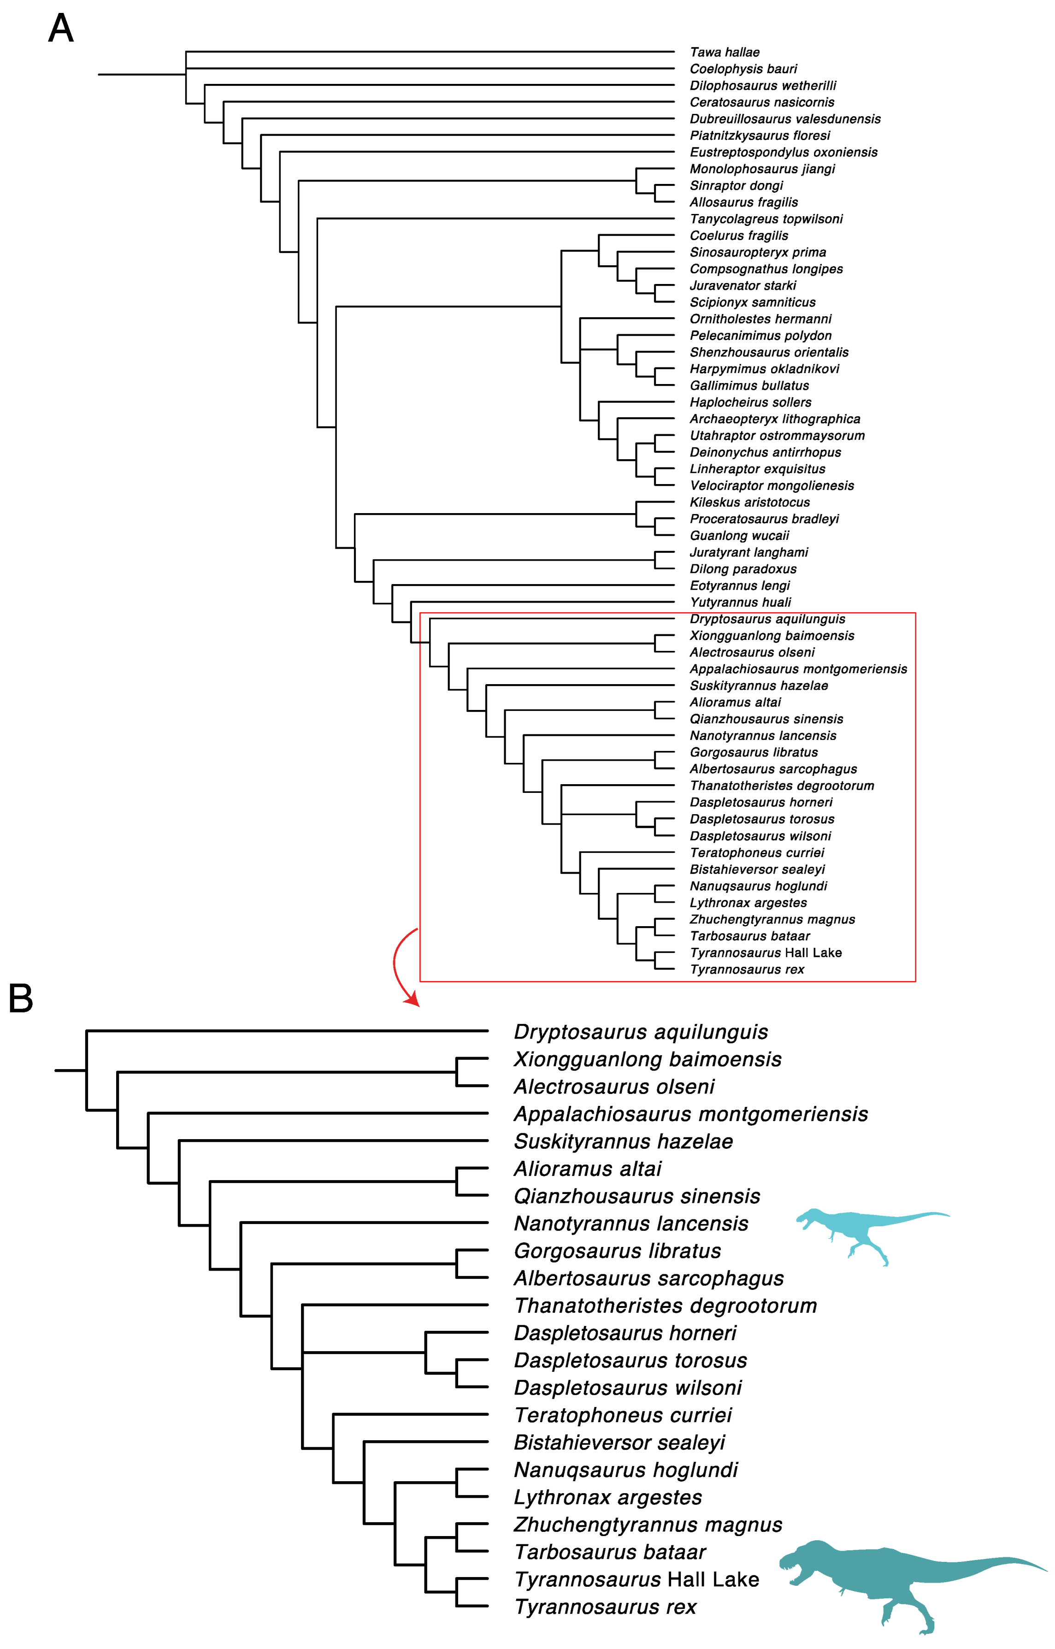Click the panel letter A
click(x=60, y=29)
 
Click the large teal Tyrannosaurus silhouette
click(x=904, y=1576)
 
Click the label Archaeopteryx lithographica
click(x=775, y=419)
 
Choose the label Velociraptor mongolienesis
click(x=772, y=486)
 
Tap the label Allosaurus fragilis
click(x=743, y=202)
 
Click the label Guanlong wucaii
click(x=739, y=536)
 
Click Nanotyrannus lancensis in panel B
click(x=631, y=1223)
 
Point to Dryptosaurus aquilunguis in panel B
click(x=641, y=1031)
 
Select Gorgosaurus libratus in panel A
click(x=754, y=752)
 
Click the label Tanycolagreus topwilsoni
click(x=766, y=219)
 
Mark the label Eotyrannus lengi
click(x=739, y=586)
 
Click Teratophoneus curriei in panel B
click(x=623, y=1415)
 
